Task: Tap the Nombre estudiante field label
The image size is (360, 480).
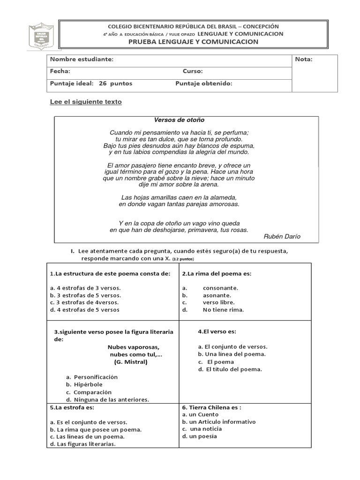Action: (x=82, y=60)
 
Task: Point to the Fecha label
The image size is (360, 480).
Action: (x=60, y=71)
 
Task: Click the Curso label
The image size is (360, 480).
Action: (x=193, y=71)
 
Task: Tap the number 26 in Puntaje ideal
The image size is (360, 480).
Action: (x=103, y=83)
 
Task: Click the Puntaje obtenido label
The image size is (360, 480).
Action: (x=204, y=83)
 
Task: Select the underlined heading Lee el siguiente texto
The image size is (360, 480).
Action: (x=86, y=102)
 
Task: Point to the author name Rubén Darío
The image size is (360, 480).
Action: (x=282, y=236)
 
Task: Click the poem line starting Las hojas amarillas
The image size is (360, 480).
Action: (x=179, y=197)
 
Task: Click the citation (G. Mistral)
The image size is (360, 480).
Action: (x=130, y=362)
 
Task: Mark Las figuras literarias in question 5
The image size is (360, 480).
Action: (x=82, y=444)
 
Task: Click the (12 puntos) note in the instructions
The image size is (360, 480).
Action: (x=183, y=259)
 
